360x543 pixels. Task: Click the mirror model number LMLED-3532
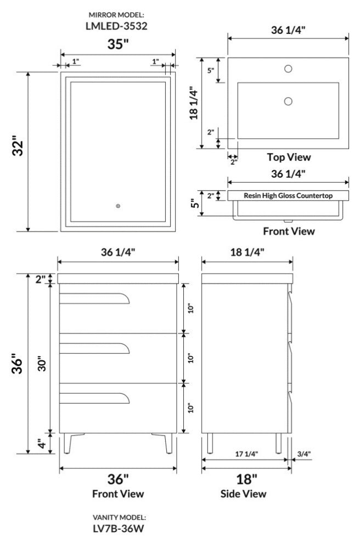(x=116, y=26)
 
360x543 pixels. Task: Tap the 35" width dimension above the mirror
(x=118, y=44)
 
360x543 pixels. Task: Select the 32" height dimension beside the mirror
(x=18, y=148)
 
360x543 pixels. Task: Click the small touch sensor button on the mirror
(x=118, y=206)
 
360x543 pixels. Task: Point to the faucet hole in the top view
(x=288, y=69)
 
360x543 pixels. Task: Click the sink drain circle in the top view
(x=288, y=101)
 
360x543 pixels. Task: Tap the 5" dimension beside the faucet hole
(x=211, y=71)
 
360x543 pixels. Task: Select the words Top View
(x=289, y=157)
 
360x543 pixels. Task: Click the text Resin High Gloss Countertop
(x=288, y=196)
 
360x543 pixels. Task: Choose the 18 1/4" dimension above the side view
(x=248, y=252)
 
